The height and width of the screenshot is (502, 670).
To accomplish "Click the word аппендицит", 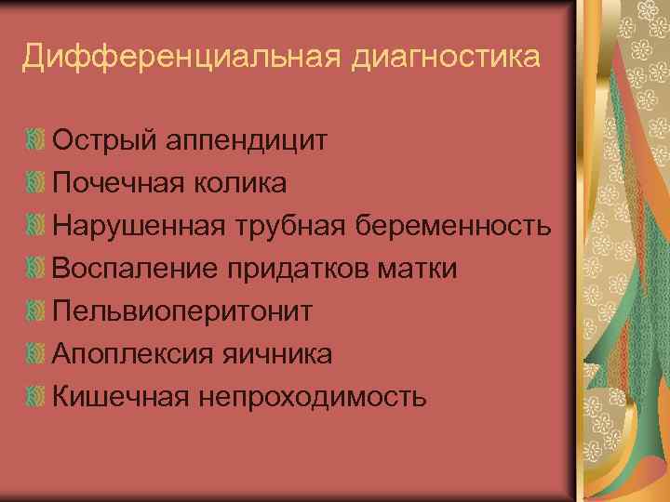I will [248, 141].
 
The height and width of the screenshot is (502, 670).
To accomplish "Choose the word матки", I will [418, 269].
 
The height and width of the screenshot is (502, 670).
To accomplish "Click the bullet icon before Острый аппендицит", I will [35, 141].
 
